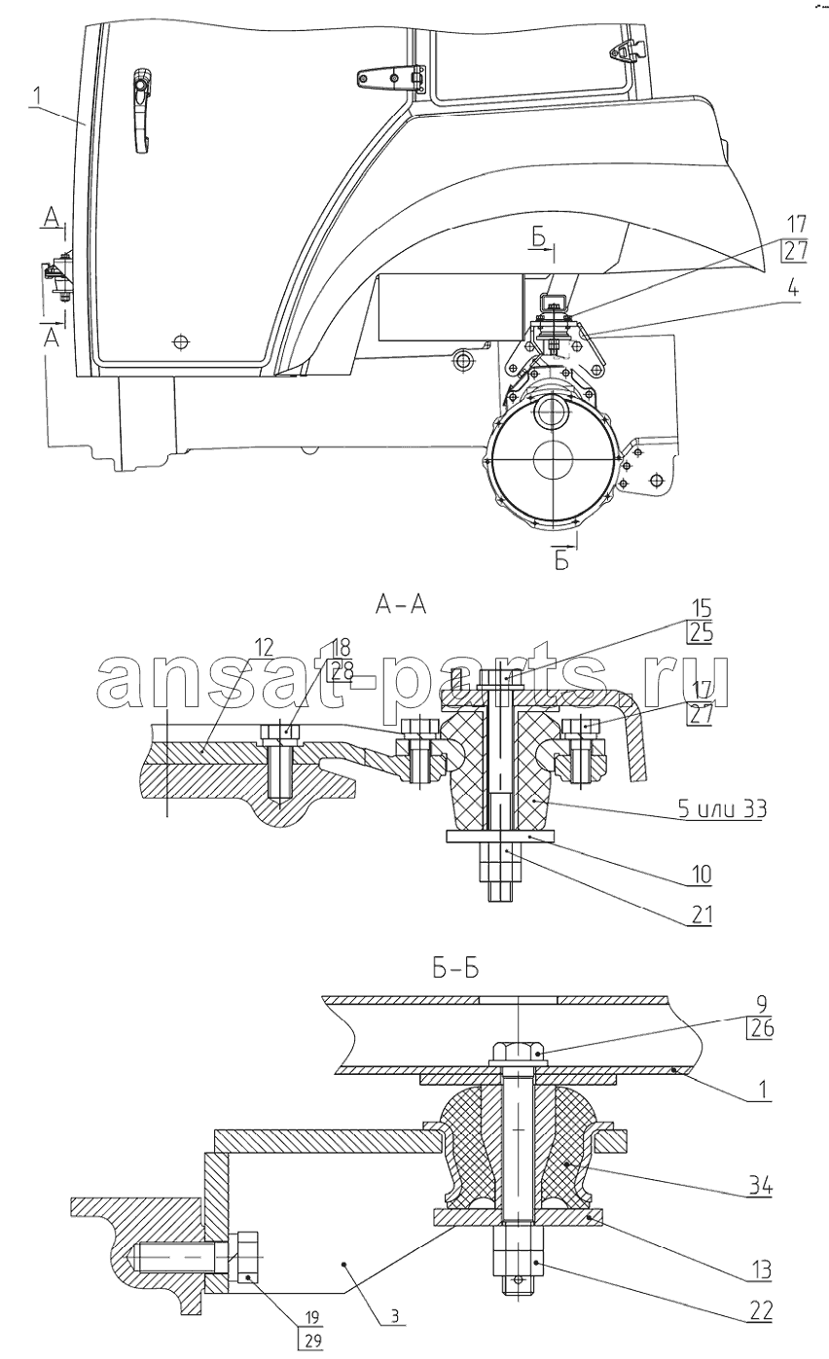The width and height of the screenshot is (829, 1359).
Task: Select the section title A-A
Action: (x=401, y=604)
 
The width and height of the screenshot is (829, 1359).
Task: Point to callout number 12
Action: (x=264, y=647)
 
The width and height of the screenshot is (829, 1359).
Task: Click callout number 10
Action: (x=701, y=875)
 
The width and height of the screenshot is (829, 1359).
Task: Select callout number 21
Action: (x=700, y=914)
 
